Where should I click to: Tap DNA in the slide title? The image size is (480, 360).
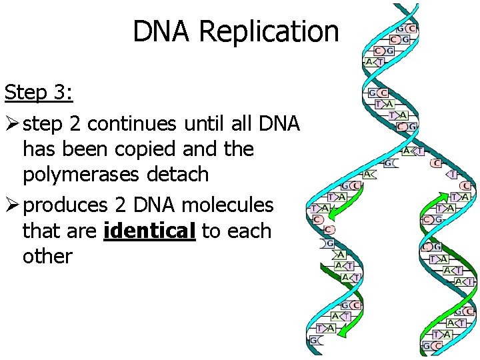pos(162,31)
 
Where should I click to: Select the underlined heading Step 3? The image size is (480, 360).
pos(39,92)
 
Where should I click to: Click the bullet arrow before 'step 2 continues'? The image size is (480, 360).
pos(11,124)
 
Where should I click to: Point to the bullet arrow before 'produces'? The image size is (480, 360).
pos(11,205)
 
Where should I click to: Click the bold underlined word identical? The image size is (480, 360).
pos(149,231)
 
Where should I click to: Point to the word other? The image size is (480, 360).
pos(47,256)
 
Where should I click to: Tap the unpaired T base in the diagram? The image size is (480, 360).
pos(453,174)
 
